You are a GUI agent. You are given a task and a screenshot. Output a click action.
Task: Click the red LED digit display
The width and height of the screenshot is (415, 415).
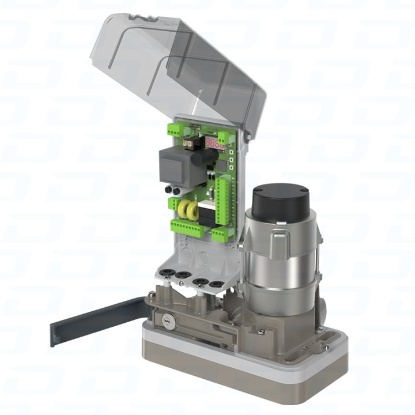[x=215, y=142]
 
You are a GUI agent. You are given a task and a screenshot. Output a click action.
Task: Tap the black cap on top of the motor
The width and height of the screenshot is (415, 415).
[x=280, y=200]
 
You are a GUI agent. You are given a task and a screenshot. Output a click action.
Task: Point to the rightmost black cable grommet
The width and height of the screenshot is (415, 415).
[x=216, y=284]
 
